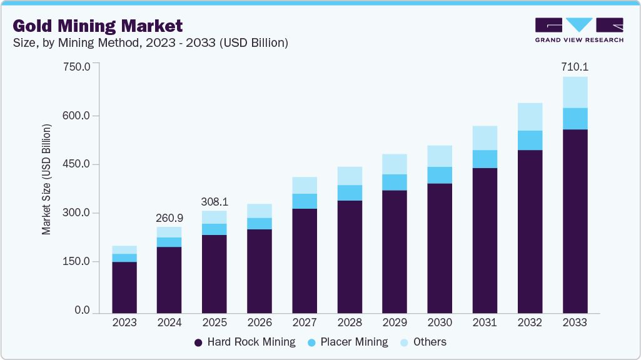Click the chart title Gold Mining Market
click(98, 26)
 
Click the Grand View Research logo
click(578, 30)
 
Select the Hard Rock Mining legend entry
click(245, 342)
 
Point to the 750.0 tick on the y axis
click(78, 66)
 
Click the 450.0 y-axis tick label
click(78, 164)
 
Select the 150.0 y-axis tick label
click(78, 262)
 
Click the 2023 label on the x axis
click(124, 323)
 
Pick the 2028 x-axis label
click(350, 323)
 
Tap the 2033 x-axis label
click(575, 323)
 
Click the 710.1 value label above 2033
click(575, 66)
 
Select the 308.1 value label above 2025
click(214, 202)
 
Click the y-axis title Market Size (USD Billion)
click(47, 180)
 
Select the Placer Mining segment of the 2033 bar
click(575, 119)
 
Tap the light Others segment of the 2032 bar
click(530, 117)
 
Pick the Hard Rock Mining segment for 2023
click(124, 287)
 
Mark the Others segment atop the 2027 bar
click(305, 185)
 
